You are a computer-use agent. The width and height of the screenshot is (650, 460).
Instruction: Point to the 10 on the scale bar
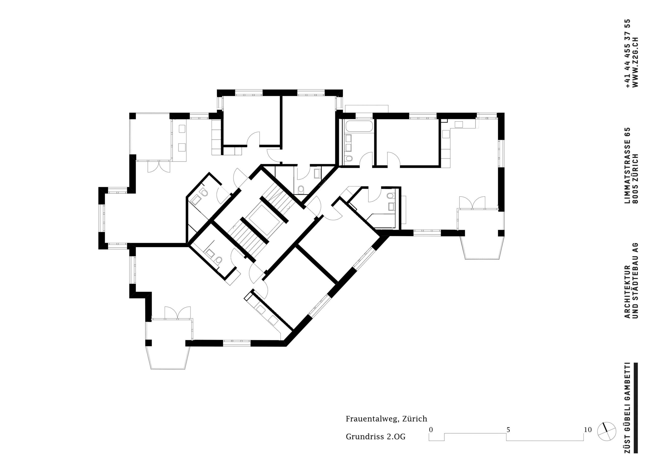click(x=588, y=430)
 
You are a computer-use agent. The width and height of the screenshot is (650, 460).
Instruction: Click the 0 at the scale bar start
click(x=431, y=430)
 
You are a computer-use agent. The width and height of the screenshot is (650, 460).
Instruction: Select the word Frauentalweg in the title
click(x=371, y=419)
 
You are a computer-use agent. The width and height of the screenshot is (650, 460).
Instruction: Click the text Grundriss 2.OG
click(x=375, y=437)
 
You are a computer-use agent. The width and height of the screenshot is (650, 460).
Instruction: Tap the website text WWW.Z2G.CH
click(x=635, y=62)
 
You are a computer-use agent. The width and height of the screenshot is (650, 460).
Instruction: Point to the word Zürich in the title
click(x=415, y=419)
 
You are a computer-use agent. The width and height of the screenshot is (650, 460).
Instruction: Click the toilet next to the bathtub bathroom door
click(x=349, y=158)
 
